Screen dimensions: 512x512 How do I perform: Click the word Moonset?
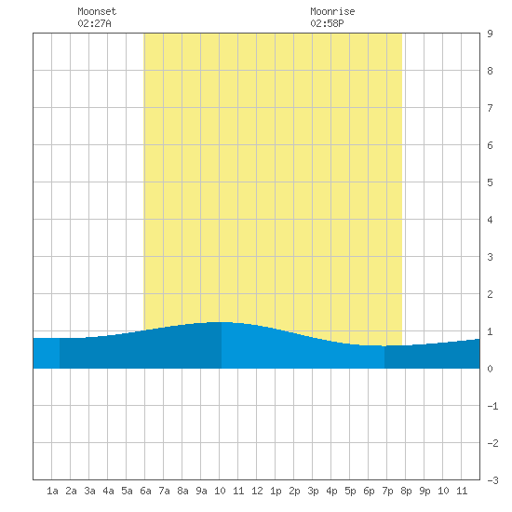coord(97,11)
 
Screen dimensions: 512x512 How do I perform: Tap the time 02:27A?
coord(94,23)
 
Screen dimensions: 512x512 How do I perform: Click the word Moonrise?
coord(332,11)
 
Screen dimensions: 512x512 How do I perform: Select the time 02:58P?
coord(327,23)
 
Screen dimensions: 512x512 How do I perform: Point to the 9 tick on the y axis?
coord(490,34)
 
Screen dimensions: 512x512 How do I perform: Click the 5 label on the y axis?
coord(490,182)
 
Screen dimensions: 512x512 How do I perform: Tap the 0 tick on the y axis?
coord(490,369)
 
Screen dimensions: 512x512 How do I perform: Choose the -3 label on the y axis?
coord(492,480)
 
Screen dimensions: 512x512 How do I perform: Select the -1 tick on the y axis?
coord(492,406)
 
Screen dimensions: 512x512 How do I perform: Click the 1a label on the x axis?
coord(52,491)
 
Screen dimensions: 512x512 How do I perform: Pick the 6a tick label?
coord(145,491)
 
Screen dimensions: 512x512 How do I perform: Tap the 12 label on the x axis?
coord(257,491)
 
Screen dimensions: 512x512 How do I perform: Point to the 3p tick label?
coord(313,491)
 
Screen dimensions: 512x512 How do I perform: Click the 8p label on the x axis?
coord(406,491)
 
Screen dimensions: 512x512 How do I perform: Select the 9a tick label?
coord(201,491)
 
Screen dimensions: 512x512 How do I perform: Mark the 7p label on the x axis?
coord(387,491)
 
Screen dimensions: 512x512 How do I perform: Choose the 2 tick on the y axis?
coord(490,294)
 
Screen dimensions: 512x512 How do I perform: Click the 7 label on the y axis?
coord(490,108)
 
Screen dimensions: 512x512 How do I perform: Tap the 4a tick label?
coord(108,491)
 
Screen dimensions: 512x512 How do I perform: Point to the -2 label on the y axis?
coord(492,443)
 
